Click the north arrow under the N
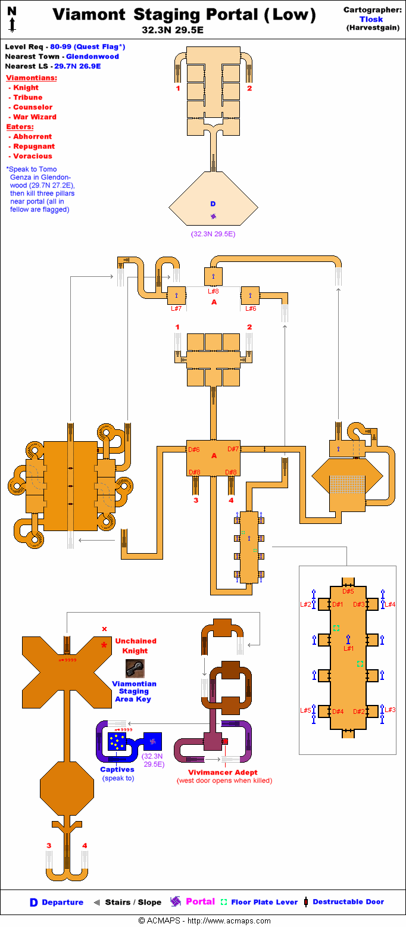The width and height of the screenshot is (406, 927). point(12,24)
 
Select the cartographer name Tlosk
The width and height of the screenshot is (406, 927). point(371,19)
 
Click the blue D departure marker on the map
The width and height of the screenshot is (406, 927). point(213,204)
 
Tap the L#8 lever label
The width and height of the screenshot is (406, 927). point(214,291)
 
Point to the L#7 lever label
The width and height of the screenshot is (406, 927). point(176,308)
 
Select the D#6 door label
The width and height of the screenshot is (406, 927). point(194,449)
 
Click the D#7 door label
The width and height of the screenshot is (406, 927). point(233,449)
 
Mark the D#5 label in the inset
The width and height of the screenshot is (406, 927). point(348,591)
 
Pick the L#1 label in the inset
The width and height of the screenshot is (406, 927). point(348,648)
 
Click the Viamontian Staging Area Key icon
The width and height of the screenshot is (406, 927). point(135,668)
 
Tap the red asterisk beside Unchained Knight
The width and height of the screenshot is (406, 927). point(105,645)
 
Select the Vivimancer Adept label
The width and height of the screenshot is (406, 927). point(224,772)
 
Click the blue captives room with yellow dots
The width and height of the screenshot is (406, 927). point(116,741)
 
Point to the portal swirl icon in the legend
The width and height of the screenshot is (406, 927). point(175,901)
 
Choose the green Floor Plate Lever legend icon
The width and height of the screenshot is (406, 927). point(224,902)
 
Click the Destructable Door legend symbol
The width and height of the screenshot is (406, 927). point(305,902)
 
